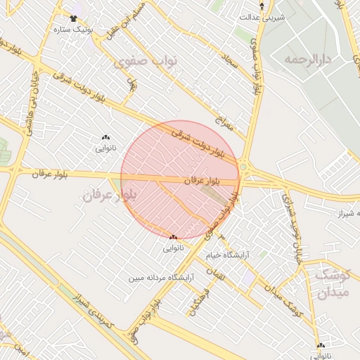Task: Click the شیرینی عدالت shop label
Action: [262, 16]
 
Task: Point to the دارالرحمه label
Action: [307, 59]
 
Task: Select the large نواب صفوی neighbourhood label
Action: [146, 61]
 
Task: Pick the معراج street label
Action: [224, 124]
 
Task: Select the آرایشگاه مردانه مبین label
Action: [158, 278]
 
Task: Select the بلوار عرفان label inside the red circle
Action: [202, 181]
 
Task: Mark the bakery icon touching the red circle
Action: [173, 237]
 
